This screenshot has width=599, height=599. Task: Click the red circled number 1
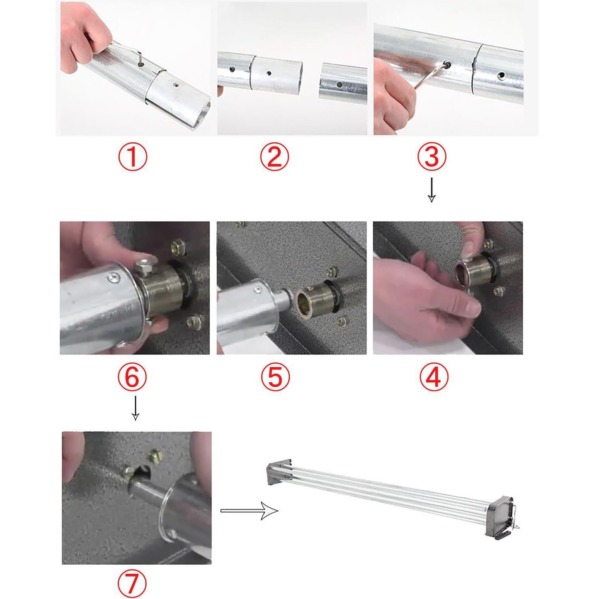[132, 158]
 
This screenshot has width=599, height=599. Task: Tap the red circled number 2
[274, 158]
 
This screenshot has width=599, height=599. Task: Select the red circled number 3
[432, 158]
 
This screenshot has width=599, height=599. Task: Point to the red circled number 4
[434, 377]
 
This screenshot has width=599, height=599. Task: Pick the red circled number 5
[275, 377]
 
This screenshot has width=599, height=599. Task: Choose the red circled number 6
[132, 377]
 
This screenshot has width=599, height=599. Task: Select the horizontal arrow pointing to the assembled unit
[249, 511]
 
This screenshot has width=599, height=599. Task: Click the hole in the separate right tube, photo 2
[340, 84]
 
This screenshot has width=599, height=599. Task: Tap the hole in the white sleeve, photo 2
[269, 73]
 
